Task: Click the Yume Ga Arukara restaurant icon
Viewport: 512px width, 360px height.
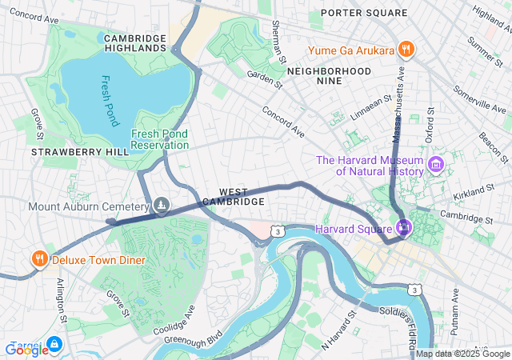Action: [x=406, y=50]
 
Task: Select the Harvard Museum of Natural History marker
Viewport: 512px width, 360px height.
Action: [x=436, y=166]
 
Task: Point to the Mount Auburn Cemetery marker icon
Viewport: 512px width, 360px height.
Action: [x=162, y=206]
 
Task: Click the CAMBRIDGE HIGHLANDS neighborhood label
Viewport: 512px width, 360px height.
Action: [x=134, y=43]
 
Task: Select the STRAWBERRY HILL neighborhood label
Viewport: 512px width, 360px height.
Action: [x=69, y=152]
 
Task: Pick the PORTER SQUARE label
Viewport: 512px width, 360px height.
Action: [x=364, y=13]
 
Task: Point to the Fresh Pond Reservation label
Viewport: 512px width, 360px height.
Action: [x=160, y=139]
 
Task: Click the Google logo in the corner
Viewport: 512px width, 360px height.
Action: [x=27, y=349]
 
